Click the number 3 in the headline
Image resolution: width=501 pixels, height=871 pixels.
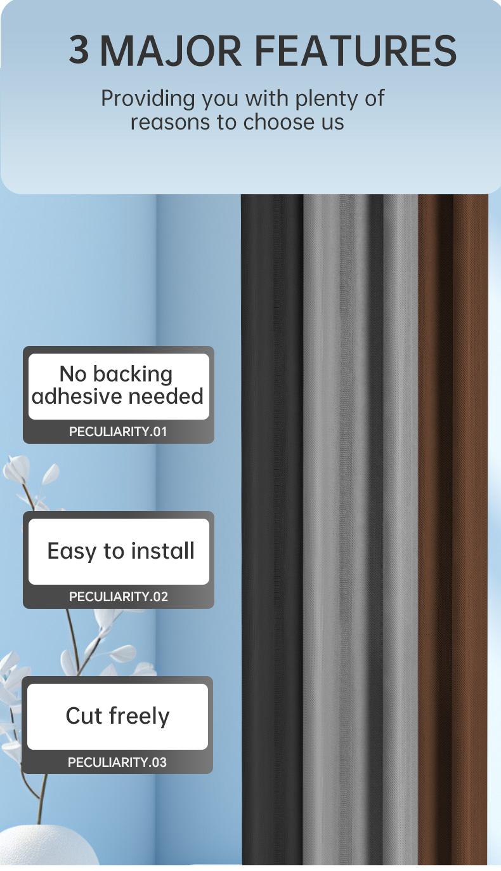tap(79, 50)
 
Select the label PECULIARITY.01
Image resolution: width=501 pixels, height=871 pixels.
tap(118, 432)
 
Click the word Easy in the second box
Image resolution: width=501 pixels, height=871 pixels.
tap(71, 551)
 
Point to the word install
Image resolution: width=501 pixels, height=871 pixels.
tap(162, 550)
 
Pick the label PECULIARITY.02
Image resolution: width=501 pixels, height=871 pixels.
tap(118, 597)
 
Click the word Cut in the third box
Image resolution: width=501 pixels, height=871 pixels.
tap(84, 715)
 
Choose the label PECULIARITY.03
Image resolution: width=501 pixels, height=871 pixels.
tap(117, 762)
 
